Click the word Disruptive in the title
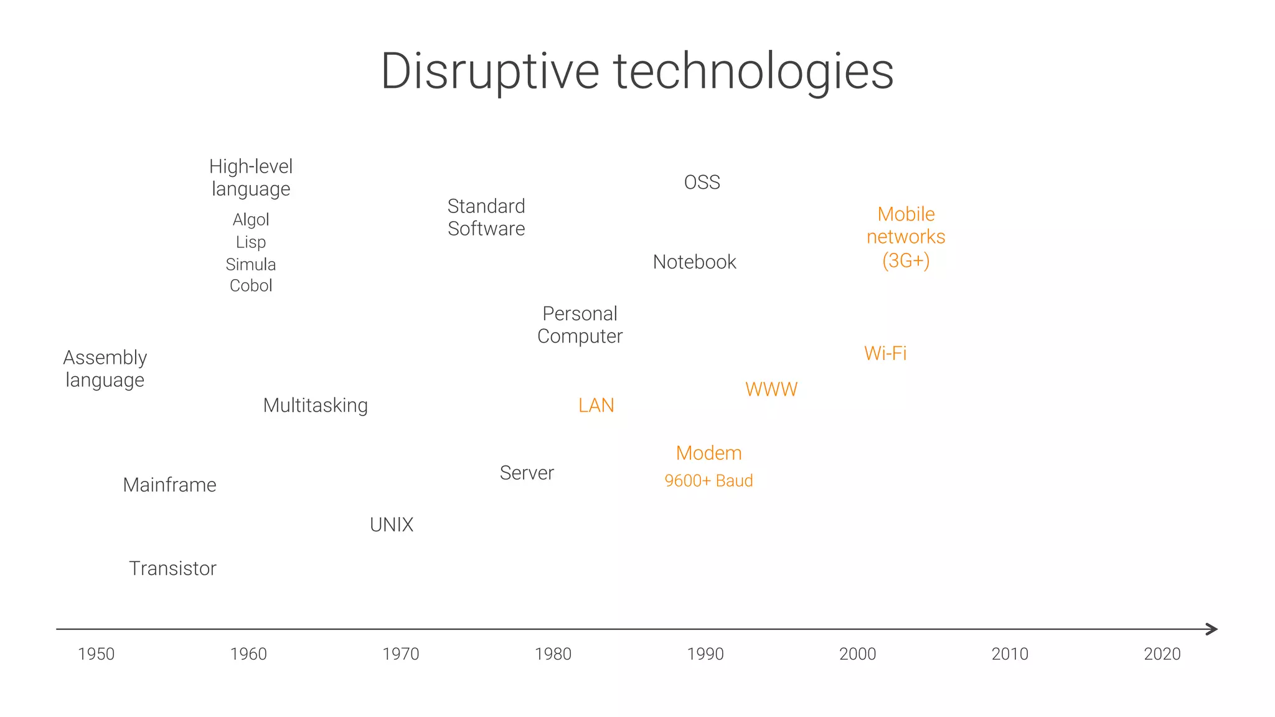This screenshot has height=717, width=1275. click(x=489, y=72)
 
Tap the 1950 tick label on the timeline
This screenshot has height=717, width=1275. click(x=96, y=654)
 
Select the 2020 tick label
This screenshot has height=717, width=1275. click(x=1162, y=654)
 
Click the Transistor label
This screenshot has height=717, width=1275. click(x=172, y=569)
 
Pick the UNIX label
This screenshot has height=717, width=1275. click(x=391, y=525)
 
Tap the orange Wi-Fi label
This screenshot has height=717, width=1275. click(x=885, y=354)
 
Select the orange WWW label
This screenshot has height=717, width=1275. click(x=771, y=390)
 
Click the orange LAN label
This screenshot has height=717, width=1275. click(x=596, y=406)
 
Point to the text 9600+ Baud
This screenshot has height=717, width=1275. click(x=708, y=481)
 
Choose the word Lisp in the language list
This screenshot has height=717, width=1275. click(x=250, y=242)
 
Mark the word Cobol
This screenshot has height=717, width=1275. click(x=250, y=286)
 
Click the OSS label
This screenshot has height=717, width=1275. click(x=702, y=183)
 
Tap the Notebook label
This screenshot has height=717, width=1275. click(x=694, y=262)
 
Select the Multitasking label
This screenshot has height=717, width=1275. click(x=315, y=406)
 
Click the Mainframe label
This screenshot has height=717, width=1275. click(x=169, y=485)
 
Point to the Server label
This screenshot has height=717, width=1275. click(x=526, y=473)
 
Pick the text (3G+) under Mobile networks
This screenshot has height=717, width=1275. click(x=905, y=260)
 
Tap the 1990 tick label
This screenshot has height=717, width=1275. click(x=705, y=654)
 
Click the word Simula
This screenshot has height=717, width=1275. click(x=250, y=265)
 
